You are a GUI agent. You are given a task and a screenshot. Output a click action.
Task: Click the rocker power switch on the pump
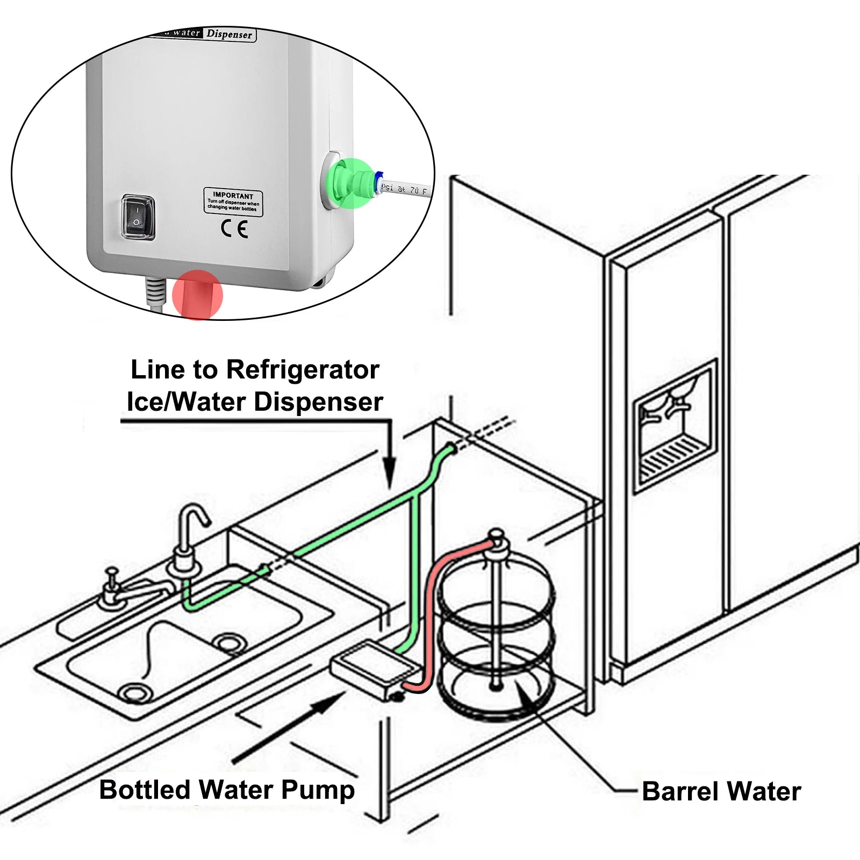tap(138, 217)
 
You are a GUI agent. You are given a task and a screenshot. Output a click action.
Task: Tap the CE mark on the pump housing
tap(234, 230)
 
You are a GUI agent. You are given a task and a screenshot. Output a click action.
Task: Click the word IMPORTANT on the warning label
tap(233, 195)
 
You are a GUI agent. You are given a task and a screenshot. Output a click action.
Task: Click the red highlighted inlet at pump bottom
tap(197, 295)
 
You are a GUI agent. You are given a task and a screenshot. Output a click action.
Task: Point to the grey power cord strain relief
tap(155, 293)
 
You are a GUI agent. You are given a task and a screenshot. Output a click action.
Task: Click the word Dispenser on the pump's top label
tap(230, 34)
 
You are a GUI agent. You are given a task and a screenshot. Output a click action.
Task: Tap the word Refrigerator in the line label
tap(303, 370)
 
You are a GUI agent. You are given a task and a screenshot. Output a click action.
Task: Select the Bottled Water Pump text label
tap(227, 790)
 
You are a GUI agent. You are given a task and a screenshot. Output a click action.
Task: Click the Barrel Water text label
tap(721, 792)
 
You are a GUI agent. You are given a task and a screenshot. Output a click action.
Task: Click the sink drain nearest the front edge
tap(133, 693)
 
